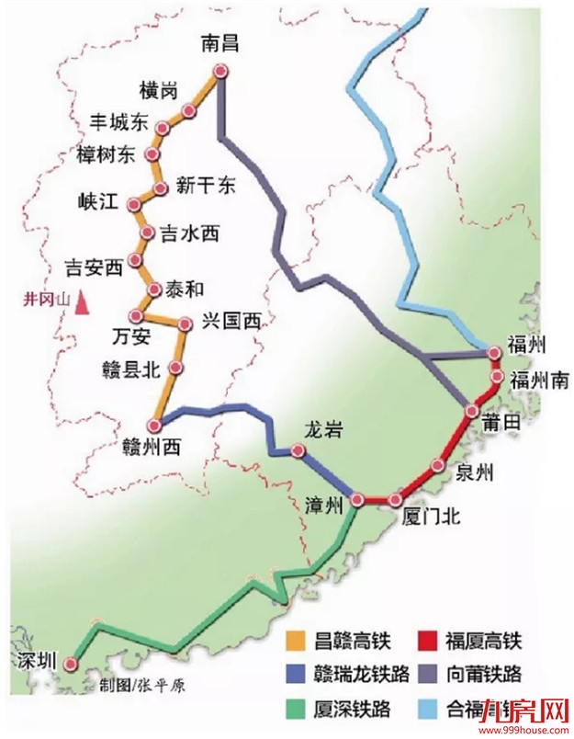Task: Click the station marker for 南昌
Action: tap(219, 72)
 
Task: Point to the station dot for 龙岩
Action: tap(298, 450)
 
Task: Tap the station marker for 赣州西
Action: tap(155, 424)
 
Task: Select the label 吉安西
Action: tap(94, 268)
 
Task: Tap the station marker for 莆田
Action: tap(471, 411)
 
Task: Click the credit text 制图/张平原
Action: tap(138, 685)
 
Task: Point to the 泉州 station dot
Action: tap(437, 465)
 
